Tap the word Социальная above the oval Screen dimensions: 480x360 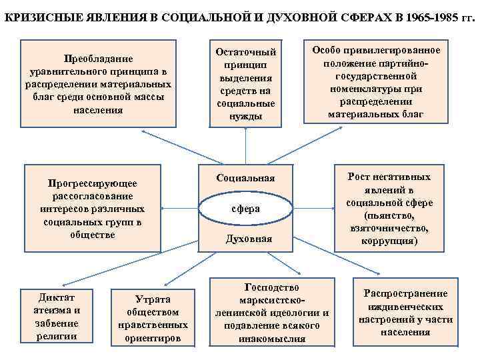pos(245,179)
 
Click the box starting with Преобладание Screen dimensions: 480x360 pos(98,84)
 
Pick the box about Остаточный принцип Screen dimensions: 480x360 pos(246,84)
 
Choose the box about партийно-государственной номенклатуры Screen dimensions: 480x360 pos(375,83)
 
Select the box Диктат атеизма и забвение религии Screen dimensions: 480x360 pos(57,315)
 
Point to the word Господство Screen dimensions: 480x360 pos(271,287)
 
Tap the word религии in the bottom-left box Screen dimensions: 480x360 pos(57,335)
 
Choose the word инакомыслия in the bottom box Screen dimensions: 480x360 pos(271,338)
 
